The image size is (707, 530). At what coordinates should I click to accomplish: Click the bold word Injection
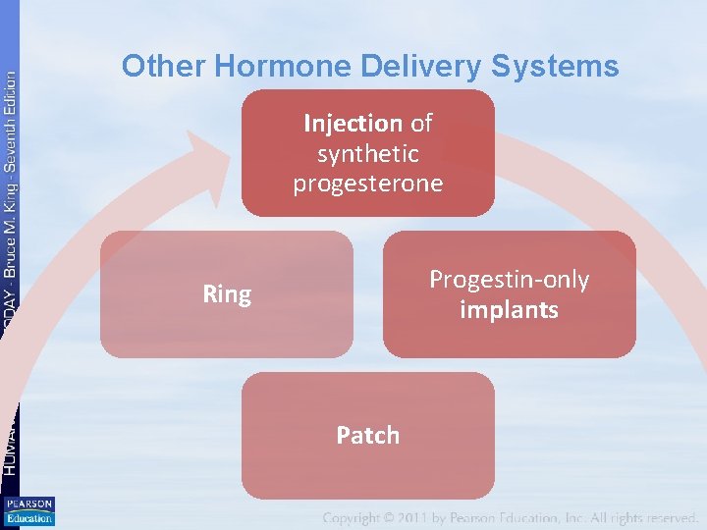[353, 124]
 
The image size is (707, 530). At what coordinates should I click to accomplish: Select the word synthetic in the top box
[368, 154]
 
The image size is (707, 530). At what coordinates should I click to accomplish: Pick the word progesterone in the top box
[368, 185]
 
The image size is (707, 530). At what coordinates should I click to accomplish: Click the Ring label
[227, 294]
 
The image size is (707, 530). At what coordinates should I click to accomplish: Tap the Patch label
[368, 436]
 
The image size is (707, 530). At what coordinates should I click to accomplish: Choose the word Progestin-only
[509, 280]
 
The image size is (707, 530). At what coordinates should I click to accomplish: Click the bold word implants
[509, 310]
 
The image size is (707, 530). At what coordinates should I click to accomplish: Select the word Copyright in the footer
[362, 517]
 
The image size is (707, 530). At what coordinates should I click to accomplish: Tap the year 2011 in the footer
[438, 517]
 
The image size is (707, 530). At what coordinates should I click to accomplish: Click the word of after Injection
[421, 124]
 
